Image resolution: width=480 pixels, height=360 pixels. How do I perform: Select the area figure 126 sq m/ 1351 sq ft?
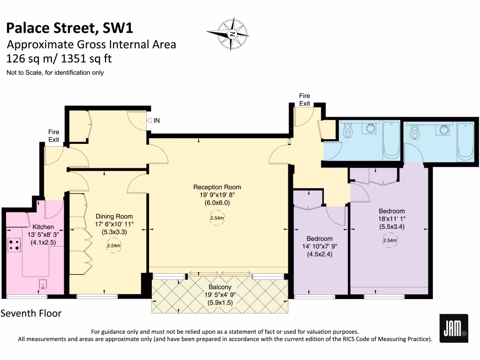pos(59,59)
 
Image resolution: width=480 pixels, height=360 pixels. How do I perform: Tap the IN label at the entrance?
pos(157,120)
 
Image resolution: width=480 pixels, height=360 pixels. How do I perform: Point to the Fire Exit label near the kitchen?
pos(54,136)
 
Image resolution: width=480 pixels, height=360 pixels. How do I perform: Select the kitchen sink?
pos(43,285)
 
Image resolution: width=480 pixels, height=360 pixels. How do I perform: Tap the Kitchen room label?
pos(43,227)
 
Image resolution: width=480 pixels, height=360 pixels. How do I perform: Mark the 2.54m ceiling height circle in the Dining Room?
pos(113,245)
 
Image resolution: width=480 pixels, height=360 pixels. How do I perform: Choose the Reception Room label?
pos(217,187)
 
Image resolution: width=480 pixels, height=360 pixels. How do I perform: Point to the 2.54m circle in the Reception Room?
pos(217,218)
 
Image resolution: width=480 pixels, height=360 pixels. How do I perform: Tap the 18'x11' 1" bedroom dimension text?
pos(391,219)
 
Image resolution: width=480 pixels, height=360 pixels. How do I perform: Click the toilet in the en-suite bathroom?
pos(414,134)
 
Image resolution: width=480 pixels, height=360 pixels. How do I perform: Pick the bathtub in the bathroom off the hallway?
pos(391,141)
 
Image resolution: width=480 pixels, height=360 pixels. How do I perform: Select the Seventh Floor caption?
pos(31,313)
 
